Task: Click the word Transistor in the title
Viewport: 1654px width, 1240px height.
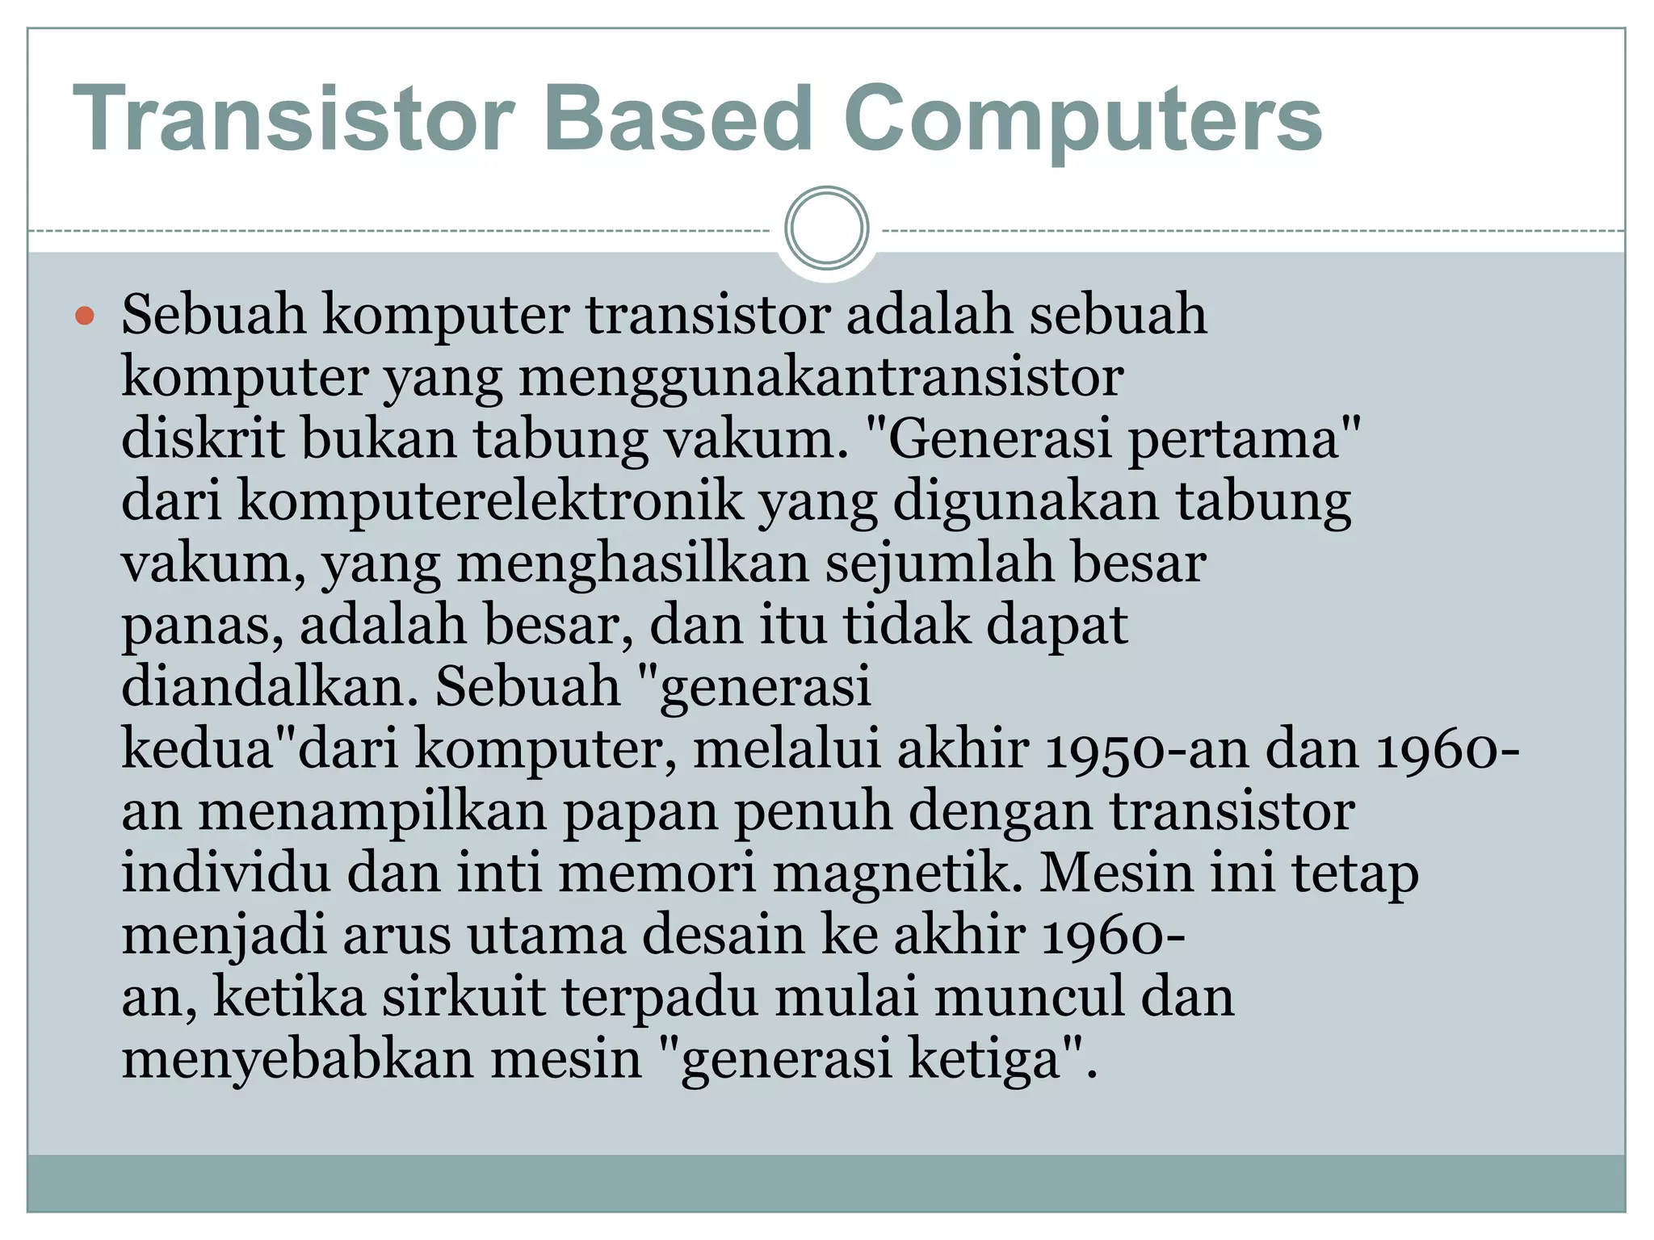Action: tap(294, 119)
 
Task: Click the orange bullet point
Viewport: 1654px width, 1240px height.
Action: tap(84, 316)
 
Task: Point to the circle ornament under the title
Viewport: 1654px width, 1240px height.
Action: tap(826, 228)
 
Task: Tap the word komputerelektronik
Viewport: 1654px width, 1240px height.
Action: tap(489, 501)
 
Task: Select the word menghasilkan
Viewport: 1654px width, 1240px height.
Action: tap(632, 563)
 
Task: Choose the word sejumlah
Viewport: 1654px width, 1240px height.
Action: tap(939, 563)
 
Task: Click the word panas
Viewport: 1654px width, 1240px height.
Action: tap(202, 626)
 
